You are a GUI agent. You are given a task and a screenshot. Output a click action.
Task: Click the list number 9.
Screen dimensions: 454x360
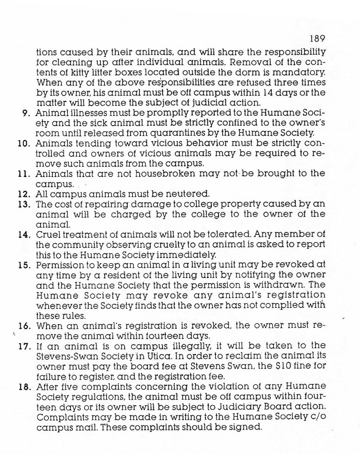pyautogui.click(x=26, y=113)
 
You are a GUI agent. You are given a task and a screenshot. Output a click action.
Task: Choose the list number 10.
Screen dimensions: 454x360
pyautogui.click(x=24, y=143)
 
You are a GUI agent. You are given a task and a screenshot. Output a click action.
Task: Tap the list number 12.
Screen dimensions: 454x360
pyautogui.click(x=24, y=194)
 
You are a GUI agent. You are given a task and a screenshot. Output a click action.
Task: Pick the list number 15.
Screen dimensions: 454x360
pyautogui.click(x=24, y=265)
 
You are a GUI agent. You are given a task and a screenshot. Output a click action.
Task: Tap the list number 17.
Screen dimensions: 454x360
pyautogui.click(x=24, y=345)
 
